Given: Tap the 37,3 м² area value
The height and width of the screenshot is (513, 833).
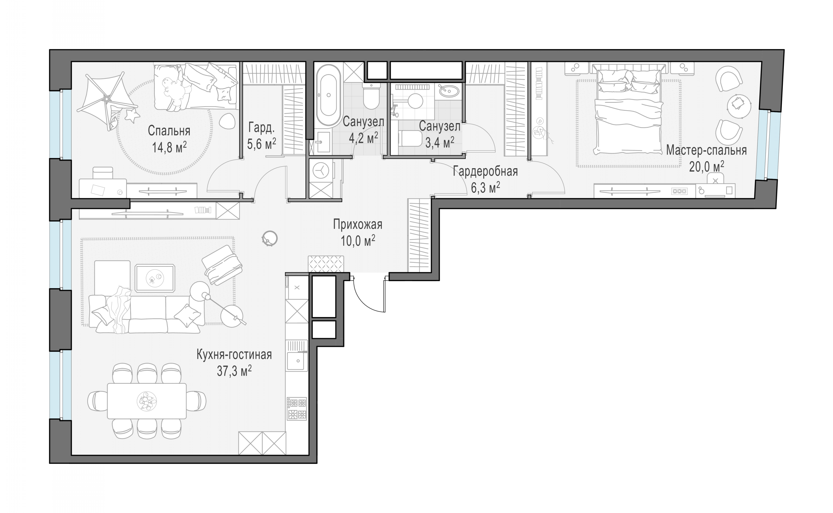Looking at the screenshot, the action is click(x=234, y=371).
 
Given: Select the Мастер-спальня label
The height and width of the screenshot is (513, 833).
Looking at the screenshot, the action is click(x=706, y=150).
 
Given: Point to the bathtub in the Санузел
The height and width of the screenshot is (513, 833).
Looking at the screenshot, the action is click(x=329, y=95).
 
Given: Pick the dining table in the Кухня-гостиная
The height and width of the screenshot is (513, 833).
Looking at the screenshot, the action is click(x=147, y=401).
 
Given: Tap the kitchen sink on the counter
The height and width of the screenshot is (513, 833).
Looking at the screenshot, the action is click(x=297, y=361).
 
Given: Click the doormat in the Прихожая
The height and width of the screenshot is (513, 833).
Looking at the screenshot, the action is click(x=325, y=264).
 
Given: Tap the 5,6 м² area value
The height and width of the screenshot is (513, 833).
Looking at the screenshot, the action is click(x=261, y=144).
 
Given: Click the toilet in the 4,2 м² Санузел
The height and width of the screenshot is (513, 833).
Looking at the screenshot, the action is click(x=371, y=96).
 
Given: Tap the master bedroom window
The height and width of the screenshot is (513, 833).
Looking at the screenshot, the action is click(x=764, y=145).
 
